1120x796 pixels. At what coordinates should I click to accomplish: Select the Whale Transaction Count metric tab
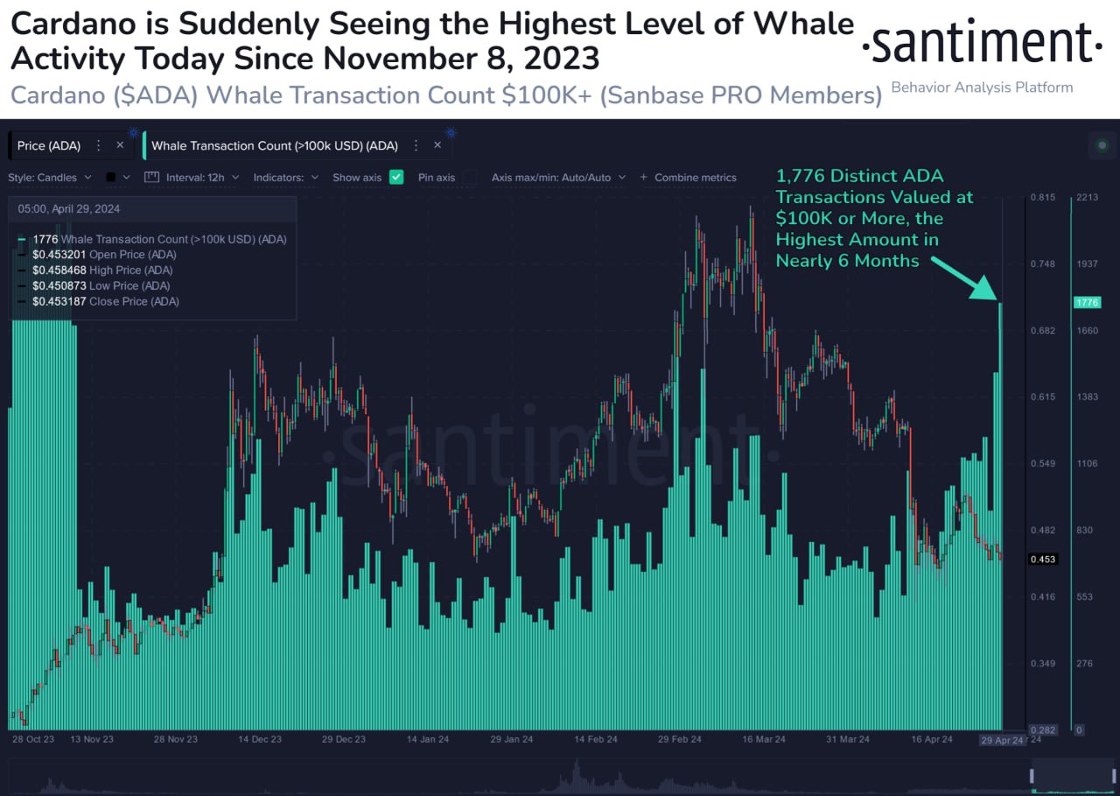pos(275,145)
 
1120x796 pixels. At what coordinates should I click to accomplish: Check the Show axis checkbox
pos(396,177)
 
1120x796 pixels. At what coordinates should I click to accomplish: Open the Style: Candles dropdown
pos(50,177)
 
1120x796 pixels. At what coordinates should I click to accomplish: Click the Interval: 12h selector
pos(190,177)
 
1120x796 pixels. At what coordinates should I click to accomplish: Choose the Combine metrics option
pos(689,177)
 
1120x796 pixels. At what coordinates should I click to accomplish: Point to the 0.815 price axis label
pos(1042,197)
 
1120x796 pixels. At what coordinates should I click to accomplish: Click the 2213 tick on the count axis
pos(1087,197)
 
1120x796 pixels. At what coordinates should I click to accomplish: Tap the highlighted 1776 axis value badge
pos(1087,302)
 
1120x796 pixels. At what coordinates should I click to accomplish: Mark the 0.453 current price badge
pos(1042,559)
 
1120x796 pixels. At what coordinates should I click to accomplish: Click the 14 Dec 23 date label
pos(260,739)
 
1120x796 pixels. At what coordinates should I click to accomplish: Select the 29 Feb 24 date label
pos(679,739)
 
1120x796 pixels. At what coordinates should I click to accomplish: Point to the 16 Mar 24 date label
pos(763,739)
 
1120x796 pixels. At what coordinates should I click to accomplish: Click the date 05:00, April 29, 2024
pos(69,209)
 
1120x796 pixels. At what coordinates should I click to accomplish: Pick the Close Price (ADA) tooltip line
pos(105,301)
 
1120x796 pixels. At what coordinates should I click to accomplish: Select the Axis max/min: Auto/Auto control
pos(558,177)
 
